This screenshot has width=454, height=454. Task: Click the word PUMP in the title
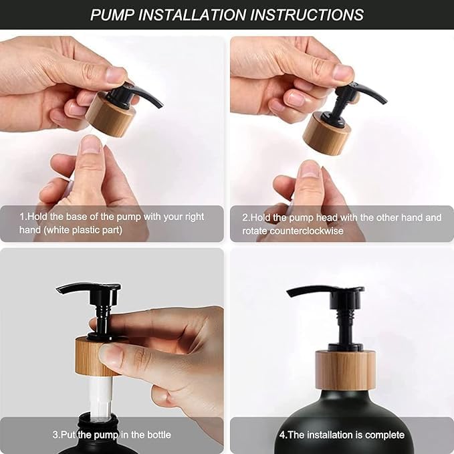coord(112,15)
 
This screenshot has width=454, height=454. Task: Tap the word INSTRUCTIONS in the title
coord(307,15)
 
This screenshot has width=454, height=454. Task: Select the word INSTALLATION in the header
coord(192,15)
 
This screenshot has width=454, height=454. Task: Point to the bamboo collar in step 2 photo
coord(327,134)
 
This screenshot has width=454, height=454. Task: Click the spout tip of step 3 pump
coord(58,290)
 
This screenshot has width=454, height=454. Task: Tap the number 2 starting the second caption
coord(245,217)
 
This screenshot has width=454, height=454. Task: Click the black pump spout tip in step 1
coord(160,105)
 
